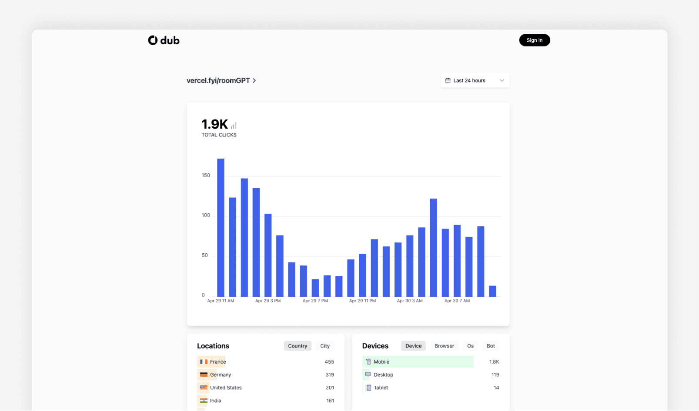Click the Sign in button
tap(534, 40)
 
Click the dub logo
tap(164, 40)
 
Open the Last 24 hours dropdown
tap(475, 80)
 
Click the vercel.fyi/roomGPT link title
tap(218, 80)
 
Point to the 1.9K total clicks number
tap(214, 124)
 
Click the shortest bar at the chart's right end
tap(492, 291)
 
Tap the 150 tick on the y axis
tap(206, 176)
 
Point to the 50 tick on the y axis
tap(205, 255)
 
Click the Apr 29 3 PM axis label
tap(268, 301)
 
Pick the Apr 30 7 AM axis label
tap(457, 301)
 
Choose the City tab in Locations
tap(325, 346)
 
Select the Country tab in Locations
tap(298, 346)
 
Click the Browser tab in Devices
tap(444, 346)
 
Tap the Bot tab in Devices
tap(491, 346)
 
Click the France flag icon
tap(204, 361)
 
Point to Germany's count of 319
tap(330, 375)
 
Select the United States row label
tap(226, 388)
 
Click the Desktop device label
tap(383, 375)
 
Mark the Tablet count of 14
tap(496, 388)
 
